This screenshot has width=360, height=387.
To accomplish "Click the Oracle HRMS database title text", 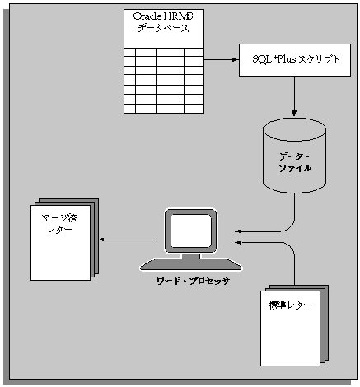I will coord(162,23).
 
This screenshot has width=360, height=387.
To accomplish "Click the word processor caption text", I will coord(193,281).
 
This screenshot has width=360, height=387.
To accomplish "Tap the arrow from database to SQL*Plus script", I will coord(220,60).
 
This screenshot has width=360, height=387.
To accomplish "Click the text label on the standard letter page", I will coord(290,305).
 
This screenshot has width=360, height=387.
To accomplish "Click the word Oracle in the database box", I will coord(148,16).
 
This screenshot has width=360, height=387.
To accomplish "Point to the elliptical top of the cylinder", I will coord(293,128).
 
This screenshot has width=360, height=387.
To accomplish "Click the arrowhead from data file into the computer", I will coord(238,231).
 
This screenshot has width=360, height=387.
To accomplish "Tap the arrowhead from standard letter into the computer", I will coord(238,244).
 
